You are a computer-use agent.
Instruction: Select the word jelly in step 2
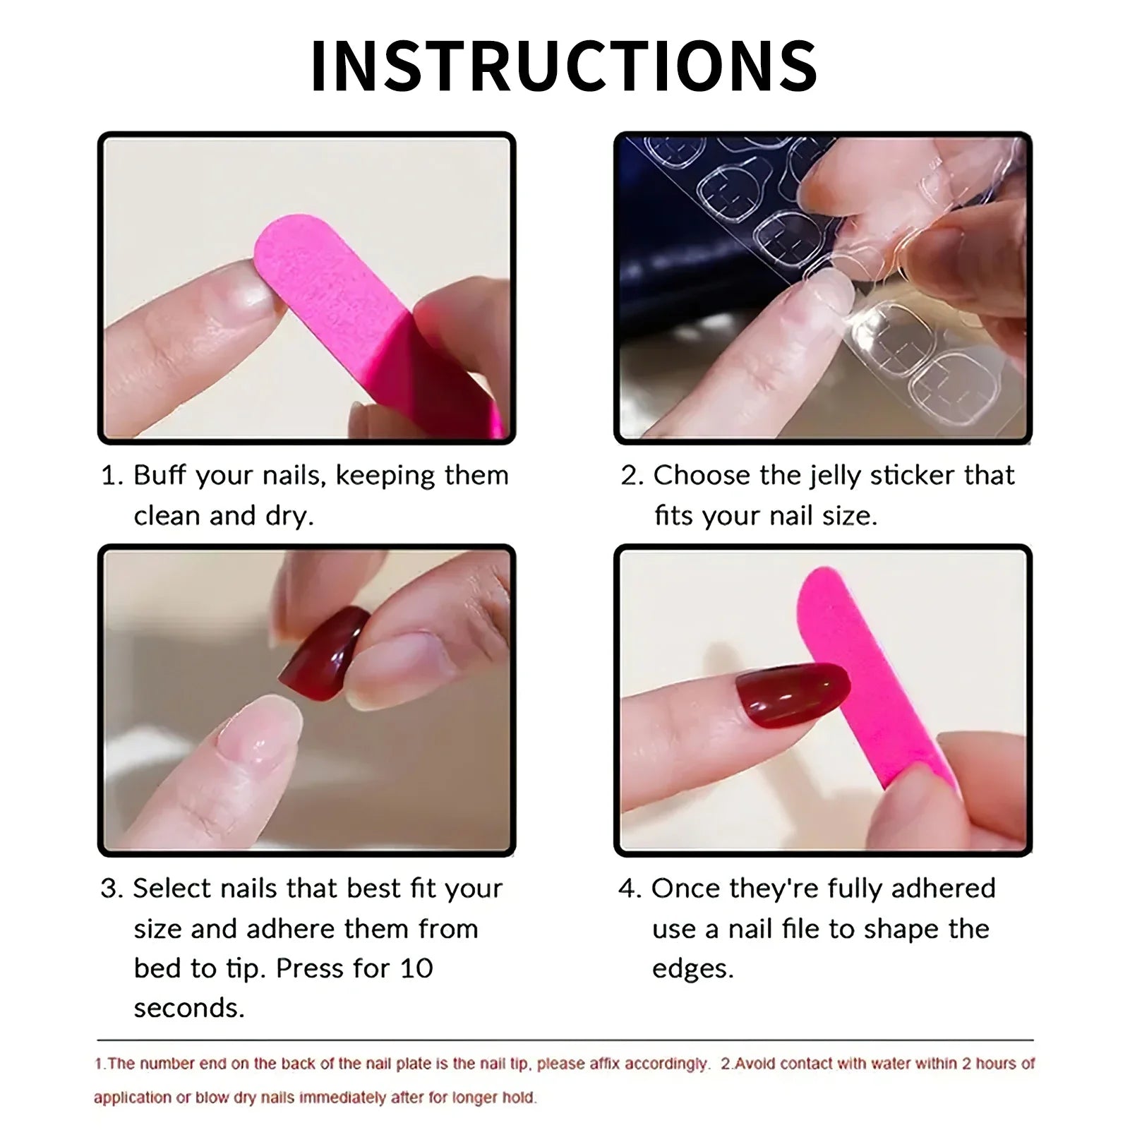(835, 475)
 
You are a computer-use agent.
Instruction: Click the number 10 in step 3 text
(416, 968)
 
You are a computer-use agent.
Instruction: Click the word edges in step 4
(692, 969)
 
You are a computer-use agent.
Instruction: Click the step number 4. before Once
(630, 889)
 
